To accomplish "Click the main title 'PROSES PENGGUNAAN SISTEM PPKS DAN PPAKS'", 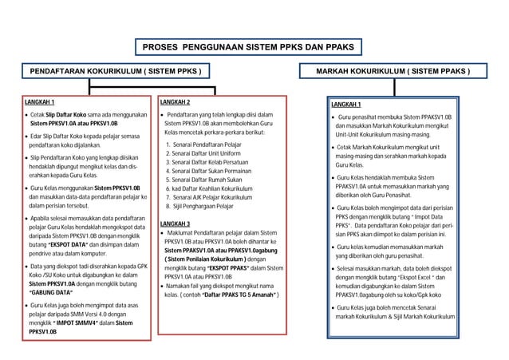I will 247,48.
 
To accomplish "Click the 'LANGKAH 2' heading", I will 175,103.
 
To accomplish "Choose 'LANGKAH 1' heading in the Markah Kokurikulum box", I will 346,105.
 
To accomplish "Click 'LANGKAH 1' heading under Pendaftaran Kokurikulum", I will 41,103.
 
